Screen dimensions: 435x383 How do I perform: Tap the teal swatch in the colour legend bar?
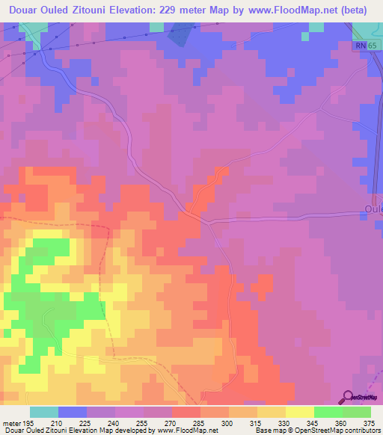pos(44,413)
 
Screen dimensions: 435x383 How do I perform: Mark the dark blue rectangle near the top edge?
pos(180,34)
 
